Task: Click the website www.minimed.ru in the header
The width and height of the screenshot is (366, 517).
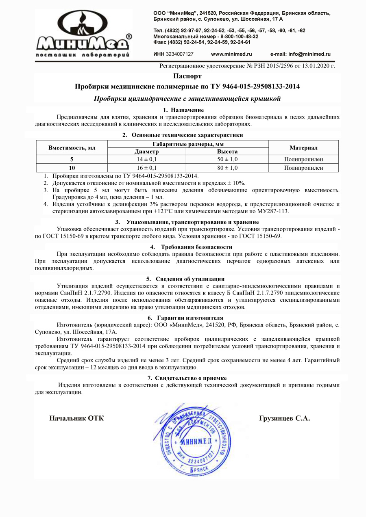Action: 232,54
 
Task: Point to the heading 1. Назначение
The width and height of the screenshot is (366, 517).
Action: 183,110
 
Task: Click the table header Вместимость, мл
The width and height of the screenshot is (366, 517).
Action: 72,147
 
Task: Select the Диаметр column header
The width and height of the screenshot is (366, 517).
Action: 146,151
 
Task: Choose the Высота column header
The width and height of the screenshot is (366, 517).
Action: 227,151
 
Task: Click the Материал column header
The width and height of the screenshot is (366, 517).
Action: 303,147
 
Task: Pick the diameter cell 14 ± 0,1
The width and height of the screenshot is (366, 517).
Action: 146,159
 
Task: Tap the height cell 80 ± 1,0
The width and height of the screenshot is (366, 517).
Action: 227,167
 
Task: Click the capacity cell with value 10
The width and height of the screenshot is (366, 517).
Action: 72,167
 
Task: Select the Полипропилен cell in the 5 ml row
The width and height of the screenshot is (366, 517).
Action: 303,159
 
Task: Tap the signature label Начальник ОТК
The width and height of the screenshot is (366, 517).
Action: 76,418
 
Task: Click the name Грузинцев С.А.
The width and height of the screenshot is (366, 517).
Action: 284,418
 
